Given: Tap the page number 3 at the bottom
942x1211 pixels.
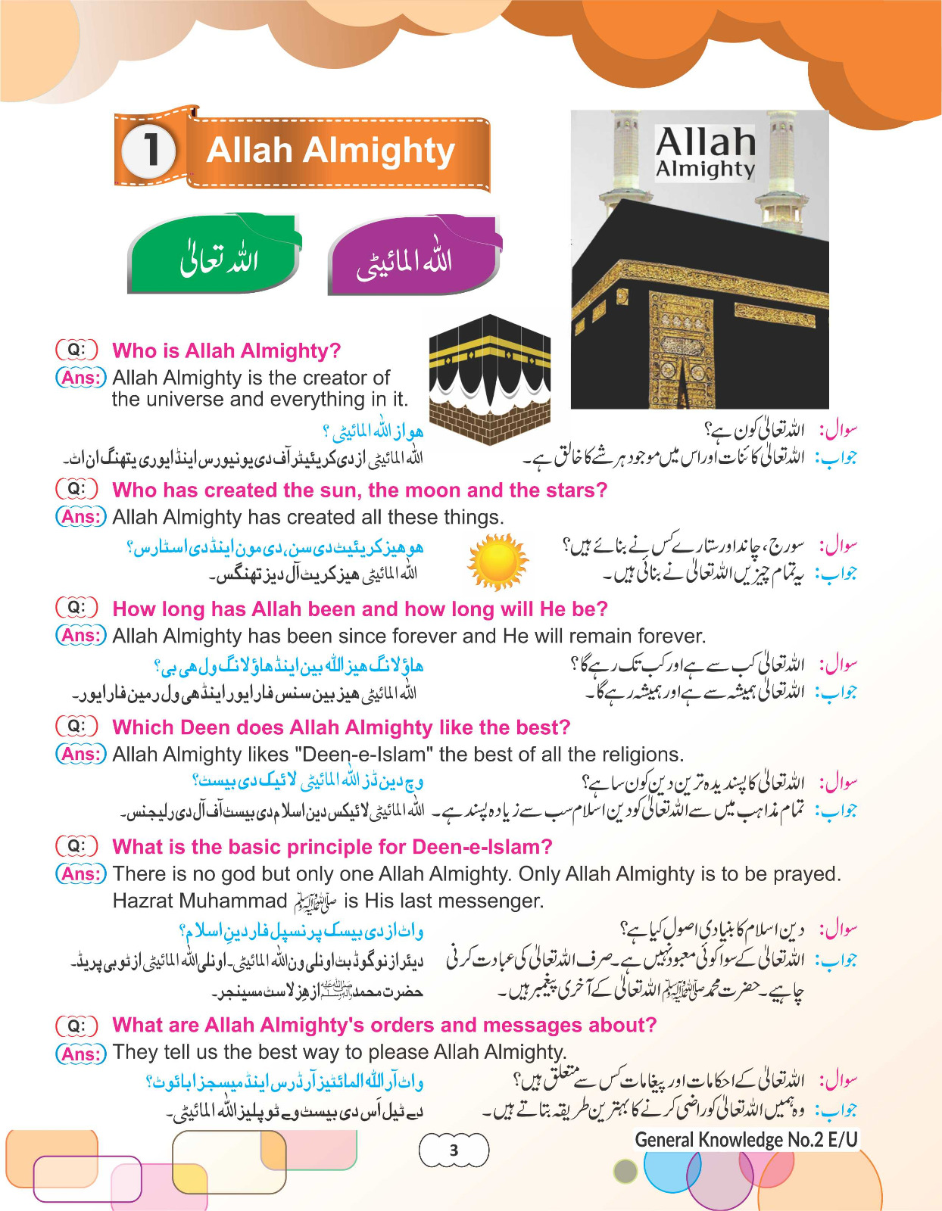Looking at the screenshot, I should [x=454, y=1150].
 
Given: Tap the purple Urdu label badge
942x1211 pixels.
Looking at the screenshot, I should [x=413, y=257].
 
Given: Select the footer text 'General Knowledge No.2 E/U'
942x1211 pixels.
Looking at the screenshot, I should [x=746, y=1140].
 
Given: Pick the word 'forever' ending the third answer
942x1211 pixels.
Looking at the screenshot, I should [x=672, y=636].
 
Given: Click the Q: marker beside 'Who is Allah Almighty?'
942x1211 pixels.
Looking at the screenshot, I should [x=76, y=350].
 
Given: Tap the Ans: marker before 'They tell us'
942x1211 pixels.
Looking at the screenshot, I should [x=80, y=1053].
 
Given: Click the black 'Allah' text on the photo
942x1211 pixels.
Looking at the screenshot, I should [x=705, y=142].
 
